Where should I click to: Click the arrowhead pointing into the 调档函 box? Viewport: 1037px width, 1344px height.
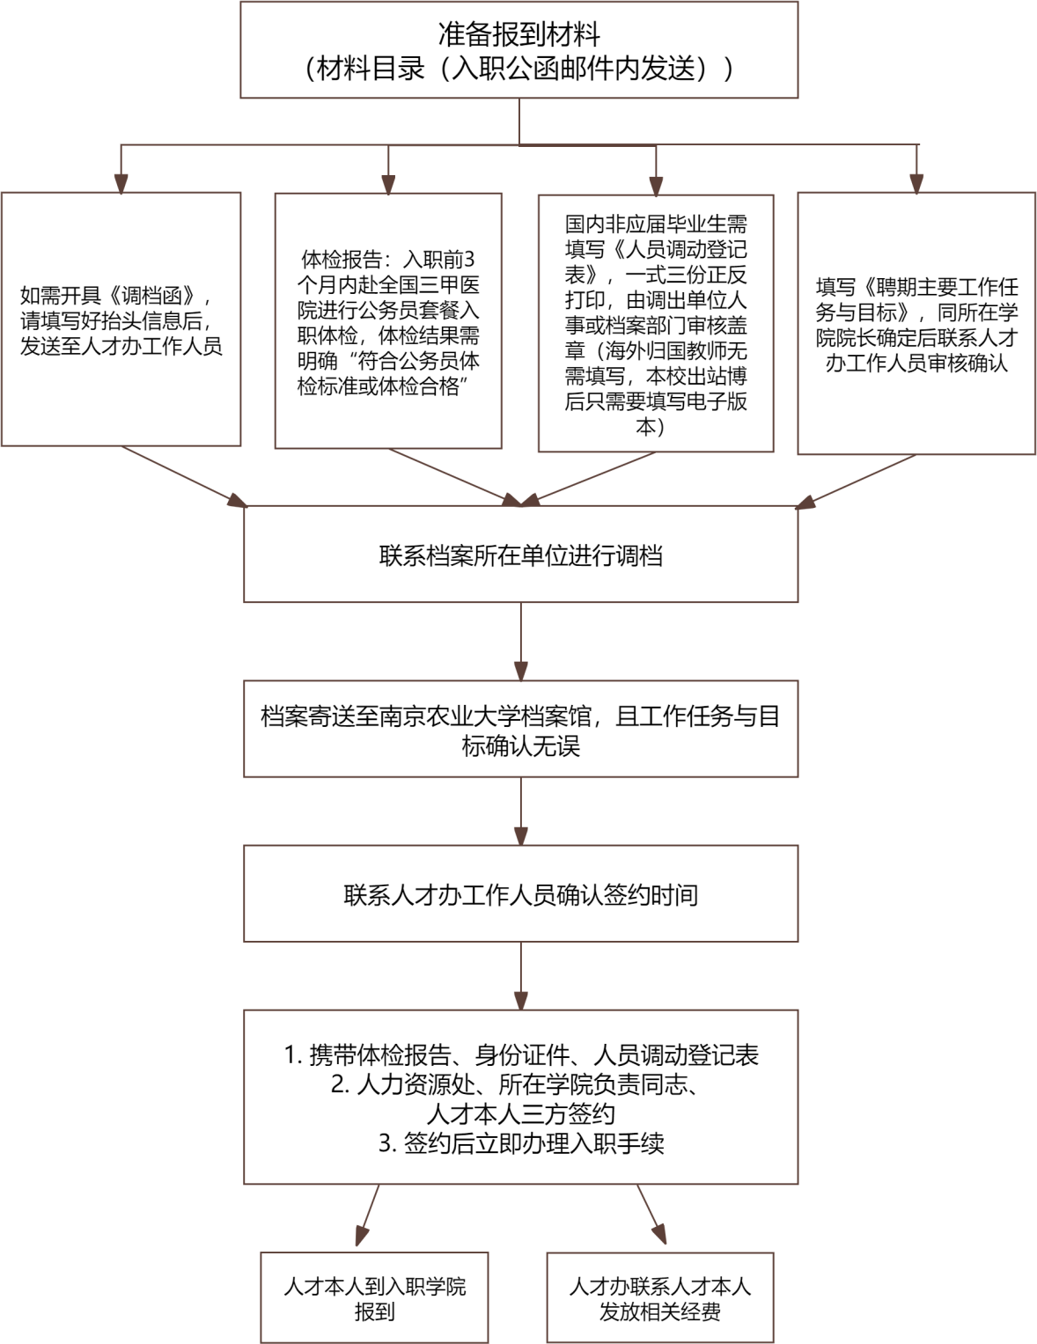121,184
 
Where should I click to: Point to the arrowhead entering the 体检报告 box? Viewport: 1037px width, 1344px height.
388,185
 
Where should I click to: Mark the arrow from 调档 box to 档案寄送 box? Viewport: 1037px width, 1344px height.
521,642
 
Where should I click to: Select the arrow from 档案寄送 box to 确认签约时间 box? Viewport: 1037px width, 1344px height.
521,812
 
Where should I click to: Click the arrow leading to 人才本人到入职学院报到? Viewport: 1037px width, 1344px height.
368,1215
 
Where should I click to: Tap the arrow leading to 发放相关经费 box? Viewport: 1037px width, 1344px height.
652,1215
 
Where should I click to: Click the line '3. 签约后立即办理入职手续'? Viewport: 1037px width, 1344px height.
520,1143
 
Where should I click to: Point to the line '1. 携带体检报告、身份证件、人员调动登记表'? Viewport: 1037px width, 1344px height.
520,1055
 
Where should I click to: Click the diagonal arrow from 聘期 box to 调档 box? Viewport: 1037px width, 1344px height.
855,481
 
